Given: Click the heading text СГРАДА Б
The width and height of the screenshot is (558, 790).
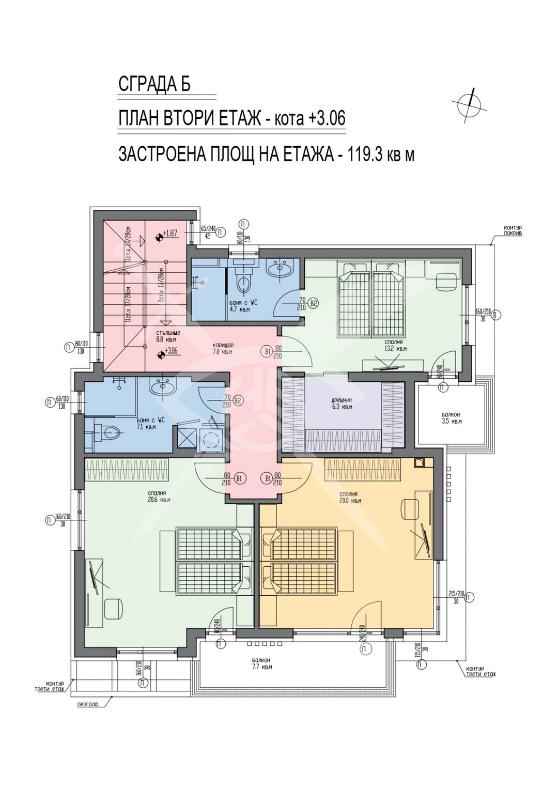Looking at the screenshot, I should click(154, 84).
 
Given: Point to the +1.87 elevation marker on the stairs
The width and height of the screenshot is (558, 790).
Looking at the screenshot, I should click(167, 234).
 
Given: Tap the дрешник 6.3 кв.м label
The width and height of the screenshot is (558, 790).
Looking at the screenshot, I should click(342, 404).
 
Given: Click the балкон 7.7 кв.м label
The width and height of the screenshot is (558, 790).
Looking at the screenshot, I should click(261, 663).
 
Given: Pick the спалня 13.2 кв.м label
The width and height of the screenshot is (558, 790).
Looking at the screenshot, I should click(395, 346).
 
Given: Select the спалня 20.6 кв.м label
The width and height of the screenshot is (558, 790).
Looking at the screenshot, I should click(159, 497).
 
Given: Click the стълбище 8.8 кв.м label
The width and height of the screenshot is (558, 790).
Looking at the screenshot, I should click(166, 337).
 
